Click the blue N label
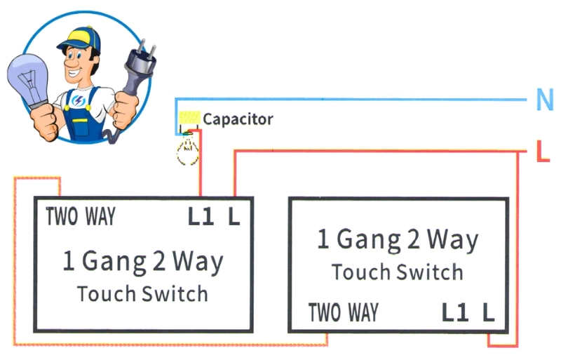[545, 99]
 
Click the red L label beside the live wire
[543, 151]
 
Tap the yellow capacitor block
[189, 117]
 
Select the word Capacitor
[238, 119]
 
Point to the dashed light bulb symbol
[187, 149]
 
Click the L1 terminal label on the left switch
[201, 217]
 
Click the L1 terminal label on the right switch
[455, 312]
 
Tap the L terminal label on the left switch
[234, 217]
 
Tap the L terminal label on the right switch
[488, 312]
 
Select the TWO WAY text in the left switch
[81, 216]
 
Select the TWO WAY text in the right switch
[344, 312]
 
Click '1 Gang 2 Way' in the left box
[143, 262]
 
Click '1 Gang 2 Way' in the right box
[398, 240]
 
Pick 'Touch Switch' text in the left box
[142, 294]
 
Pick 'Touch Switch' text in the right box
[398, 272]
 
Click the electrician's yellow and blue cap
[81, 39]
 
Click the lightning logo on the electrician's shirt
[78, 100]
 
